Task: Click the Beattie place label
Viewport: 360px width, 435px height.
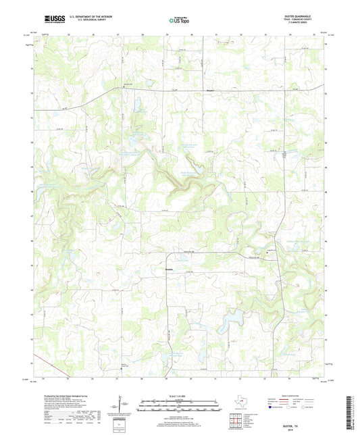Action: (170, 267)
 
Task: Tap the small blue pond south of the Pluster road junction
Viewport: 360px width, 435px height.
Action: (137, 106)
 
